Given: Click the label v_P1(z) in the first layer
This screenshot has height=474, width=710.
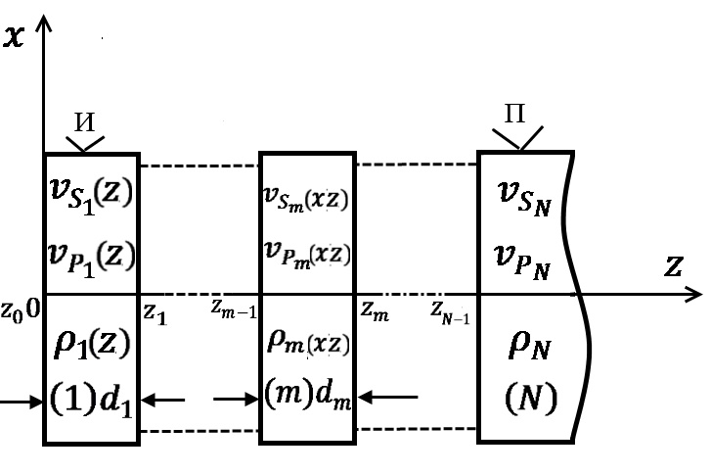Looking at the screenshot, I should [92, 259].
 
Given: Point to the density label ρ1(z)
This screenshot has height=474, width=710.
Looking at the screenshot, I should [92, 345].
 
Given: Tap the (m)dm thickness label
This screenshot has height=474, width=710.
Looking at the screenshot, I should [307, 398].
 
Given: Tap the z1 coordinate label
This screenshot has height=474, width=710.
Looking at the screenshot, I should [155, 312].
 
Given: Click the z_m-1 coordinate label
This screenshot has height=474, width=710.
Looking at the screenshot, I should [233, 308].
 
